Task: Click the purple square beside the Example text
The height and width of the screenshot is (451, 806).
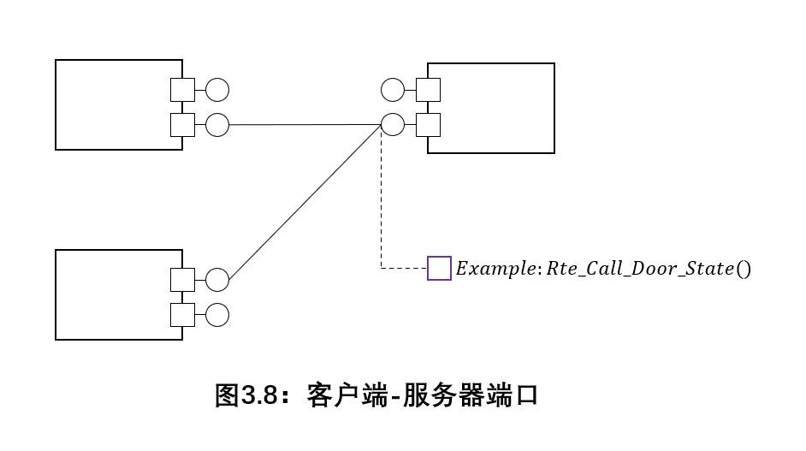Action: click(439, 268)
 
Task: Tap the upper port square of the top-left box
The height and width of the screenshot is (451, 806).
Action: click(182, 89)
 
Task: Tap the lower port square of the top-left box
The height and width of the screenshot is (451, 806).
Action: click(182, 125)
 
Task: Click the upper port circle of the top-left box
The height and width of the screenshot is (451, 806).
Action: click(217, 89)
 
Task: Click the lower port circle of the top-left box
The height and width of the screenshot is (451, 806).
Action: click(217, 125)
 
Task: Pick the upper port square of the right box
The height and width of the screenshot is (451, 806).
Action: click(428, 89)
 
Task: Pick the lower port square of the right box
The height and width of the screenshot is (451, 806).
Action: click(428, 125)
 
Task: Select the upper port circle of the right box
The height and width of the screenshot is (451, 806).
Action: click(393, 89)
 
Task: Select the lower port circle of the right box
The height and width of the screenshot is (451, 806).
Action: click(393, 125)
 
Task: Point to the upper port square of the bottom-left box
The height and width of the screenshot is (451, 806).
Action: click(182, 280)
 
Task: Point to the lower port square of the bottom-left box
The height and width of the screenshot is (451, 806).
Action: click(182, 315)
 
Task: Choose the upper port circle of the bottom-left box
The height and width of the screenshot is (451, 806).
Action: click(217, 280)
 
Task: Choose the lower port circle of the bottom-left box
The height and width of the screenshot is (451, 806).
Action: click(217, 315)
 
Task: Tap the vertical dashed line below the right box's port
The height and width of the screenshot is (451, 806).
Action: click(381, 205)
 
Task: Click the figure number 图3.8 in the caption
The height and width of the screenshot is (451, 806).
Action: click(246, 396)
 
